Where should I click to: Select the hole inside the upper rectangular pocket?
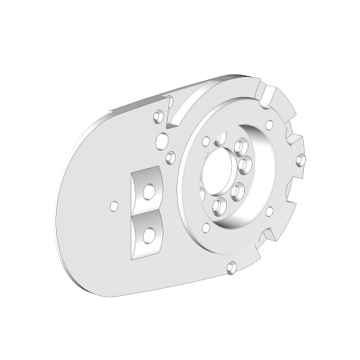(148, 191)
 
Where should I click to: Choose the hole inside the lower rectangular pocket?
(148, 233)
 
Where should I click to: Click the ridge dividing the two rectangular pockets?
(148, 213)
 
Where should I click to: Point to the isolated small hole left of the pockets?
(112, 205)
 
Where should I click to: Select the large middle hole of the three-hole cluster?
(163, 139)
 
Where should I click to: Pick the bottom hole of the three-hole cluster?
(171, 156)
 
